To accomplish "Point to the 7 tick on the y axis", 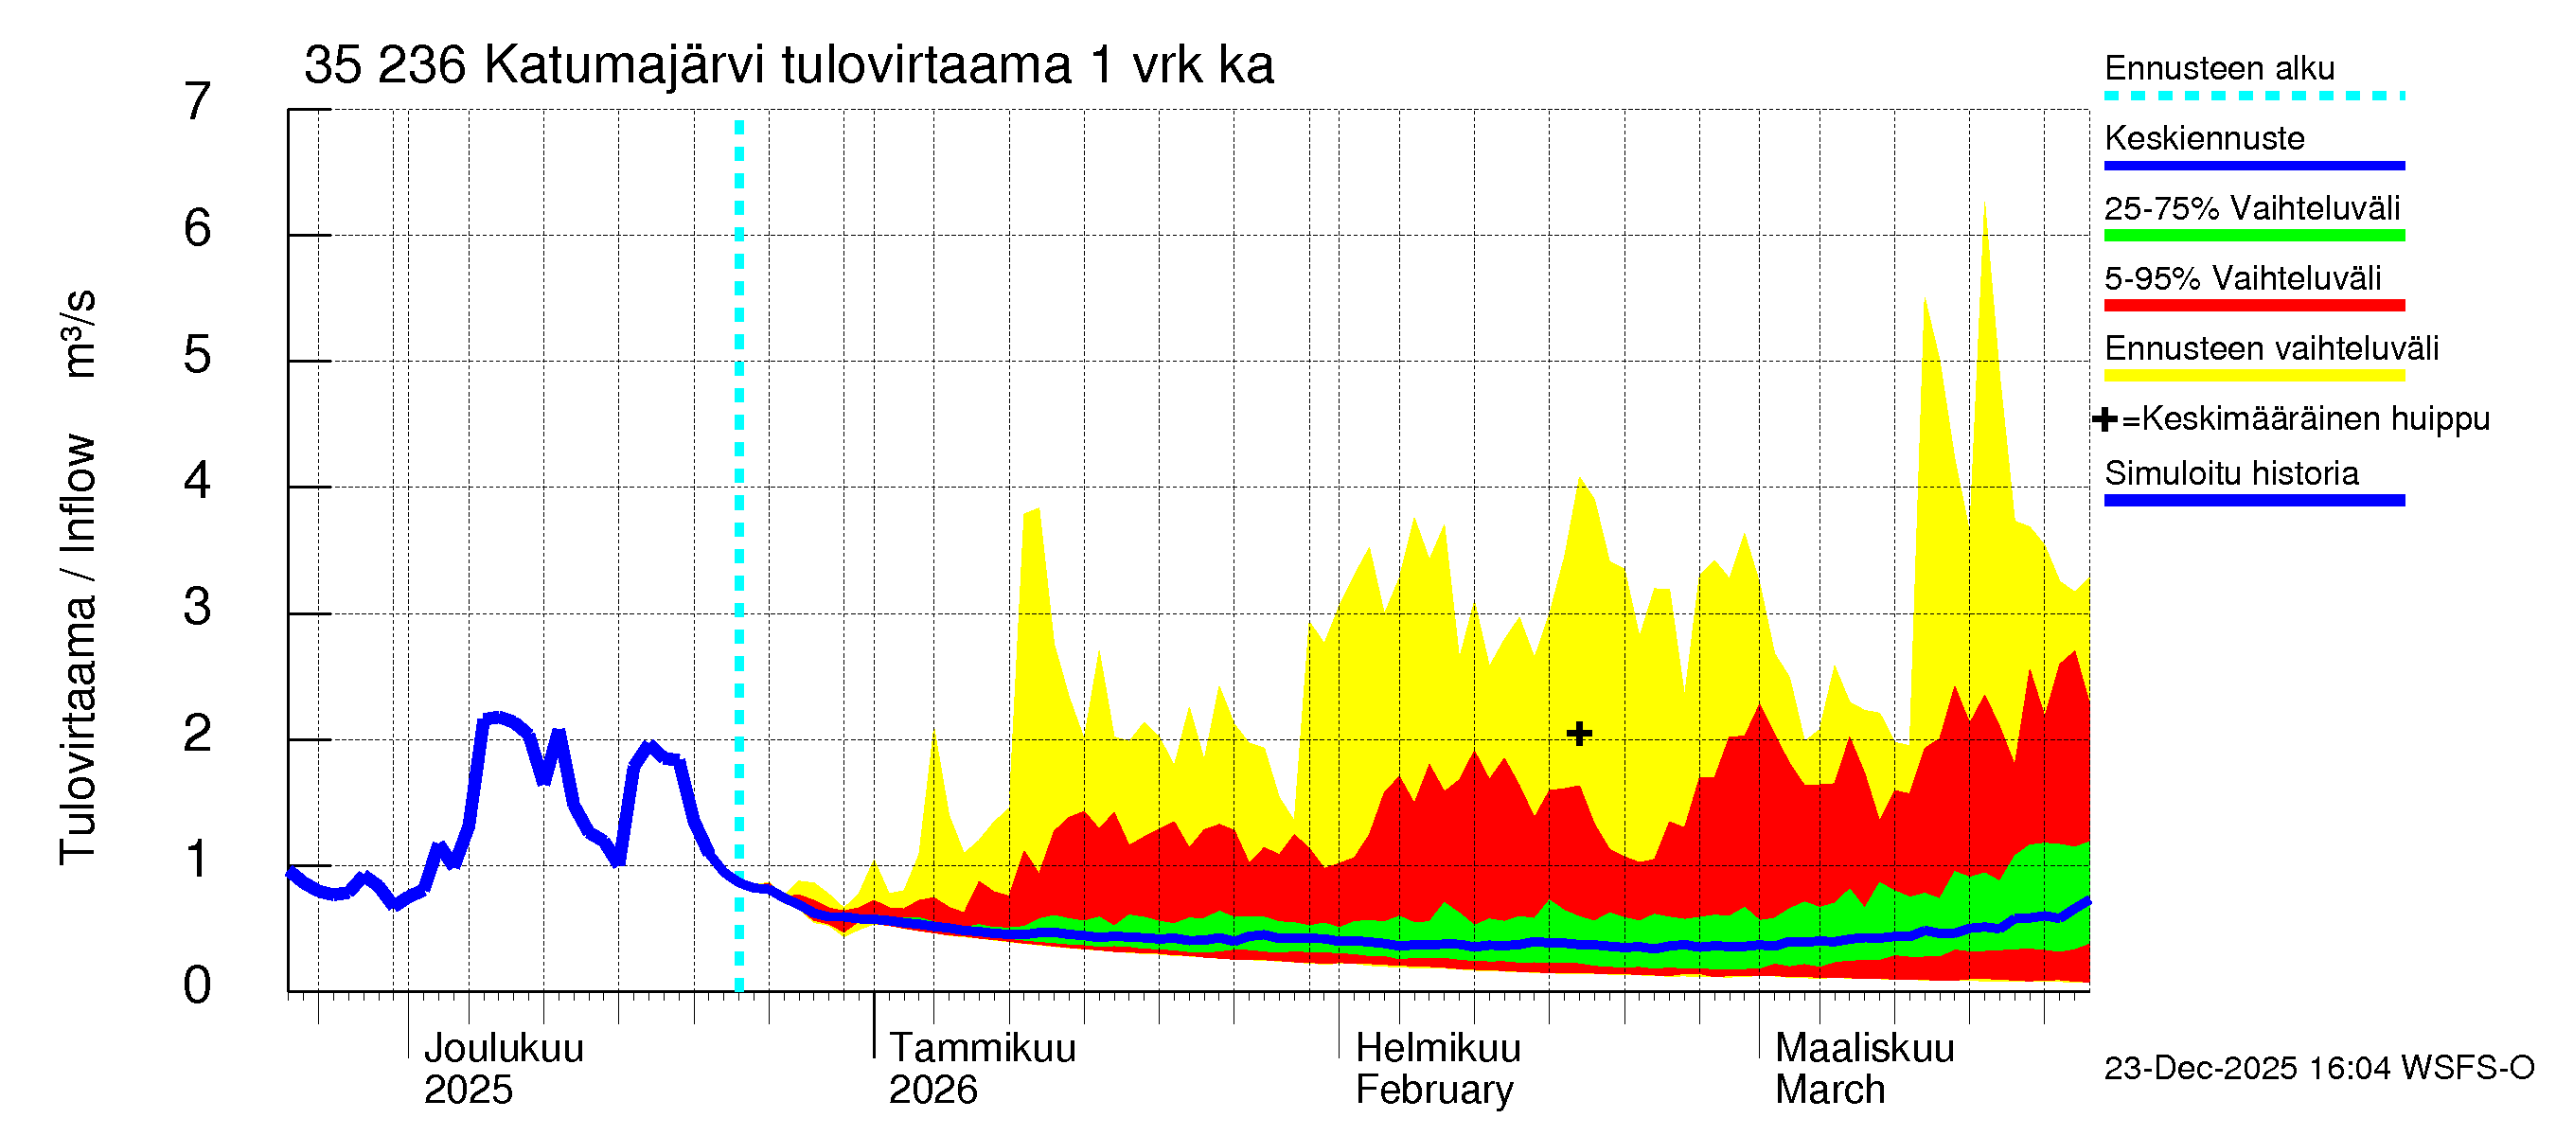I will (198, 102).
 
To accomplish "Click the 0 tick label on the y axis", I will (198, 985).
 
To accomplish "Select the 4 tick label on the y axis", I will (198, 481).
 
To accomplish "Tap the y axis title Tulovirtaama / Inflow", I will (78, 649).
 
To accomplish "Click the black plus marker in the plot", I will (1579, 733).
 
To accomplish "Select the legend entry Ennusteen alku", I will (2219, 68).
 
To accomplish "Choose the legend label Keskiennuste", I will (2204, 138).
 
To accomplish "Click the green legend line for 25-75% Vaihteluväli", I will (2253, 235).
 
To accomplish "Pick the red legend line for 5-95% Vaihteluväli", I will (2253, 306).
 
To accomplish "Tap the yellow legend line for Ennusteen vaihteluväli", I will (2253, 375).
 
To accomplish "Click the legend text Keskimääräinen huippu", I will (2315, 418).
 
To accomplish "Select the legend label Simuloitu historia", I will (2230, 473).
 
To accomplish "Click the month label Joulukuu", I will (503, 1048).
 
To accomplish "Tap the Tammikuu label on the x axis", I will (982, 1048).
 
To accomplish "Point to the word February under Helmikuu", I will (1434, 1090).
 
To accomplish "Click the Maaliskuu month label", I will (1863, 1048).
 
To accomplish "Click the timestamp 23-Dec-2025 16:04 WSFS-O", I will (2318, 1068).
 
